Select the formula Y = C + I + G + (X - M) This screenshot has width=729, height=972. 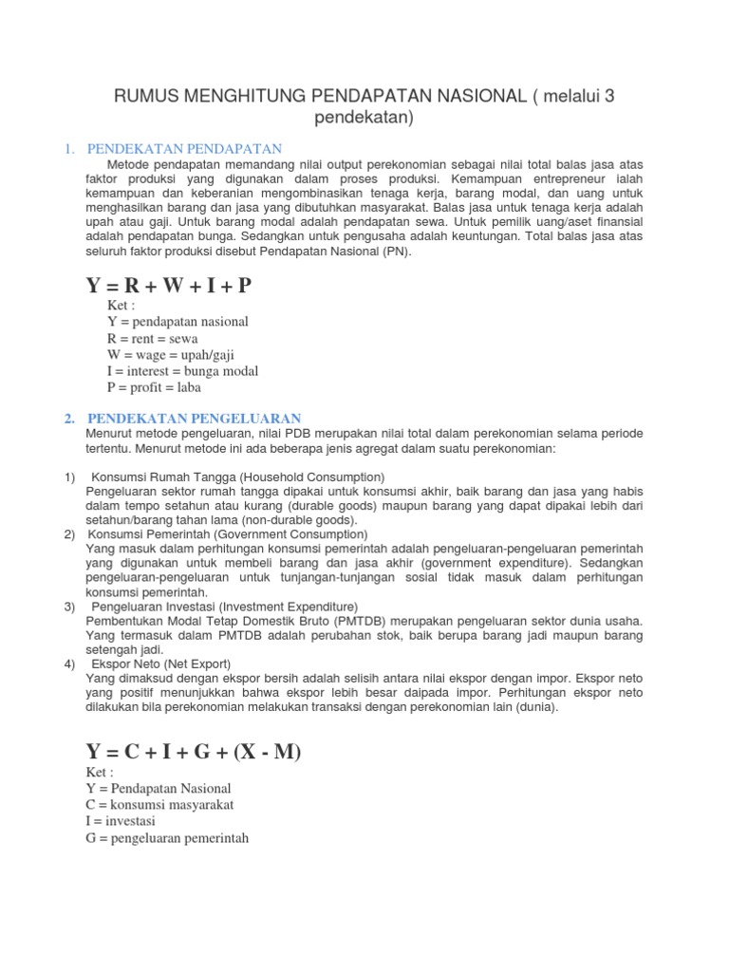click(193, 752)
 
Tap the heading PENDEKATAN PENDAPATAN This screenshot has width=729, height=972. click(185, 148)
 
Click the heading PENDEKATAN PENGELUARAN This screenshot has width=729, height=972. click(194, 418)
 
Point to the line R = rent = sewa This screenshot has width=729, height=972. click(153, 338)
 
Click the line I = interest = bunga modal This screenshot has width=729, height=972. click(183, 370)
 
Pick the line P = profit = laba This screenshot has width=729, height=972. click(155, 387)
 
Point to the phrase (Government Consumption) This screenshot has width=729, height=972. click(299, 533)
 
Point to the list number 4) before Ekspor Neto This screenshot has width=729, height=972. click(69, 664)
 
